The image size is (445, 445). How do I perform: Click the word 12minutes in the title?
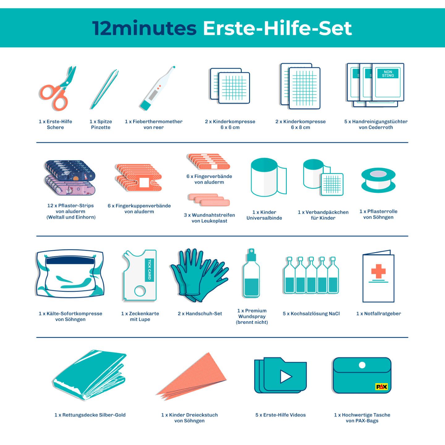145,28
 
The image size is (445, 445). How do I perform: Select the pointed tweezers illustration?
104,89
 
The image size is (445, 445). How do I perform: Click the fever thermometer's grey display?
153,95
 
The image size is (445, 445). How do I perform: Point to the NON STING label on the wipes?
388,74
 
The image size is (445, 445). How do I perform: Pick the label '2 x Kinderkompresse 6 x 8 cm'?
300,124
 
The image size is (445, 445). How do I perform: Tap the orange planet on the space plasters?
76,178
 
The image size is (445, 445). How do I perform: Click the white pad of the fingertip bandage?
144,182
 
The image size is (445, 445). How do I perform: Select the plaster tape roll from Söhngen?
378,180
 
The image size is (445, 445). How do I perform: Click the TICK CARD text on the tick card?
149,269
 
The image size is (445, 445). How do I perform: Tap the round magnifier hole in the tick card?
140,291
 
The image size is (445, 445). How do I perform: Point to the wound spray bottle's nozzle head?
252,254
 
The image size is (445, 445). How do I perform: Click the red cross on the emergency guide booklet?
378,271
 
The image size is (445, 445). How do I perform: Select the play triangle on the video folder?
286,376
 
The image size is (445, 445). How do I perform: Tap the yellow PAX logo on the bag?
381,387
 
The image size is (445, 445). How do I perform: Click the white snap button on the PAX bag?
362,365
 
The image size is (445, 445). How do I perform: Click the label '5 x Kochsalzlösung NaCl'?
311,314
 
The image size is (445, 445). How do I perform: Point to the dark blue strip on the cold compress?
70,261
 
